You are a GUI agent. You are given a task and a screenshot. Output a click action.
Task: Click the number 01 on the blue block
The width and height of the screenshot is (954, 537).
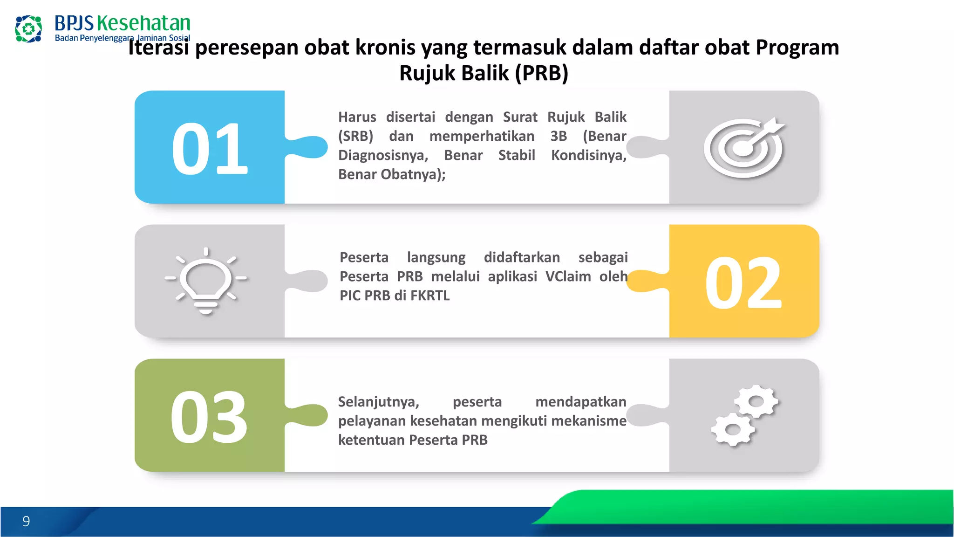[209, 149]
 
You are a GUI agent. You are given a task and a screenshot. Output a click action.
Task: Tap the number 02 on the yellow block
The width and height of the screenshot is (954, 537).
[743, 283]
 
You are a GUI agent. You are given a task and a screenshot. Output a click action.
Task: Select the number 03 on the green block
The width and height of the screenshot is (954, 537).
[209, 417]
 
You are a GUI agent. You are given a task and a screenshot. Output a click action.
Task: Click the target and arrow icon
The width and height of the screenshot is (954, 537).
[744, 148]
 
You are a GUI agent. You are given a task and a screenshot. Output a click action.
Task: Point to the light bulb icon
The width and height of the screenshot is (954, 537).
[206, 282]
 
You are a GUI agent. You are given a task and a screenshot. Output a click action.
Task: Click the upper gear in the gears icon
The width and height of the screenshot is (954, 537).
[756, 401]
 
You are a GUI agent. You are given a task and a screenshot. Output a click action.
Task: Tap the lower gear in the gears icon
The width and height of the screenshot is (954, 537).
[733, 429]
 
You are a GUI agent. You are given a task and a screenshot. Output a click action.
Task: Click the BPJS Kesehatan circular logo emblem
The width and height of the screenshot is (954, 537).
[28, 29]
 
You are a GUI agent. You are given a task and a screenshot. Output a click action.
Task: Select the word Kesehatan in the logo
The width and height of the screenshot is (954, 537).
[143, 23]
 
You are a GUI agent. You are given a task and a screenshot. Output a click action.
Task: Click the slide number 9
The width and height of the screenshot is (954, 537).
[26, 521]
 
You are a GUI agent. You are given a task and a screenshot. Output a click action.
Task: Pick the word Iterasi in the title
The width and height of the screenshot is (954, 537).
[158, 48]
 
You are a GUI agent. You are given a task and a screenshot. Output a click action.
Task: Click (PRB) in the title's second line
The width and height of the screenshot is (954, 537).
[542, 73]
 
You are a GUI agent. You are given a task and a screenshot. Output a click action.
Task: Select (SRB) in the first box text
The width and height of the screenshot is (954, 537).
[356, 136]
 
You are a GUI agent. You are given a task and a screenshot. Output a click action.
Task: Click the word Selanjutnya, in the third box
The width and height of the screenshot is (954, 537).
[379, 402]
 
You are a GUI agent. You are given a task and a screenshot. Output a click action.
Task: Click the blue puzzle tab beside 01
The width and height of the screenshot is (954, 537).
[310, 147]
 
